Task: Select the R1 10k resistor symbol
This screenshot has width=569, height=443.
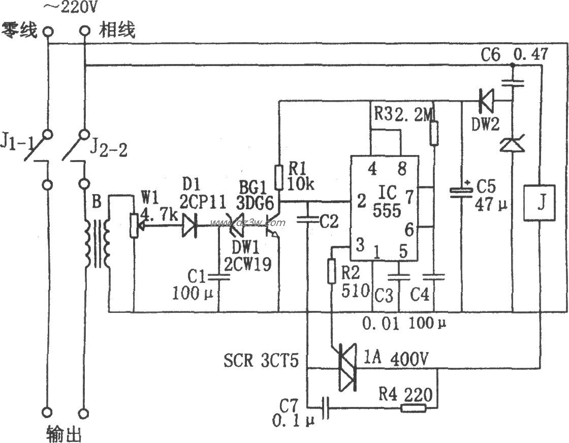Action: tap(278, 177)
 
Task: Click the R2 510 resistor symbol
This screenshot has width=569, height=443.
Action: tap(331, 271)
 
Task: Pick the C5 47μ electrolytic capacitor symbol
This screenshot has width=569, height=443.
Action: tap(462, 193)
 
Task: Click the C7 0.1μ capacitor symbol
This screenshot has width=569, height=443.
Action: tap(326, 407)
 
